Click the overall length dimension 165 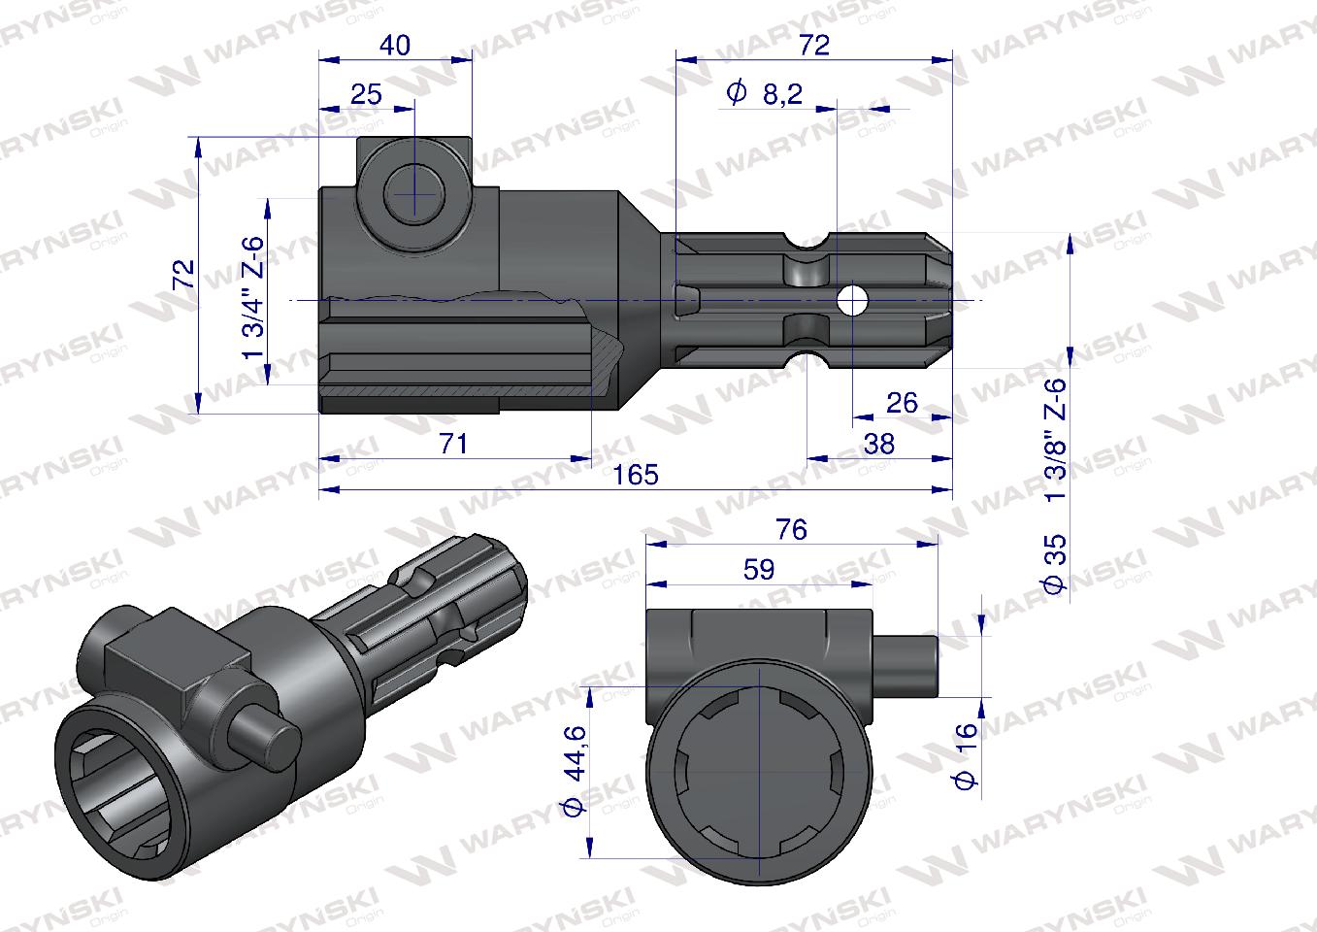click(636, 475)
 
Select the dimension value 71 click(453, 444)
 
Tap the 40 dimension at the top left click(396, 45)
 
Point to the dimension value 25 click(366, 94)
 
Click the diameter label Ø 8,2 click(763, 94)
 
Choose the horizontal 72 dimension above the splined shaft click(813, 45)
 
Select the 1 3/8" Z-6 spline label click(1055, 438)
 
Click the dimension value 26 click(902, 402)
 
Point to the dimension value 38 click(878, 444)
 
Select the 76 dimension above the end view click(791, 529)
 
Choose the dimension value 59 click(758, 570)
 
